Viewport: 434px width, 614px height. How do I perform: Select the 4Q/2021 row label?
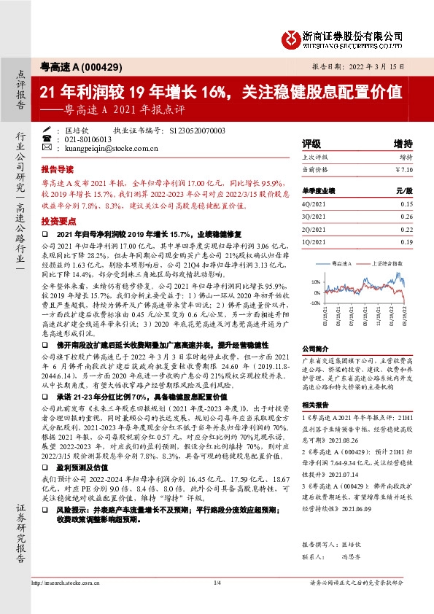click(x=314, y=205)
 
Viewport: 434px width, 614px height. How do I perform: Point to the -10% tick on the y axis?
click(x=314, y=302)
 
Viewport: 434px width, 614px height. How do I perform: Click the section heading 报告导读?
click(x=57, y=168)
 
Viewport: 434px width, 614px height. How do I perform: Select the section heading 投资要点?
click(x=57, y=219)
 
